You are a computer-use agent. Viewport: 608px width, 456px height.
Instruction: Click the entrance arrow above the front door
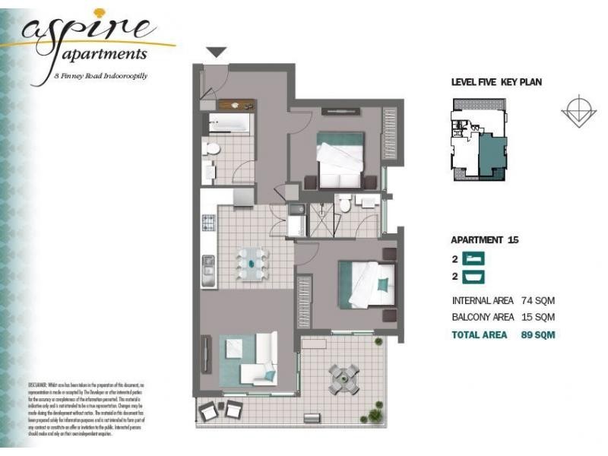pos(217,52)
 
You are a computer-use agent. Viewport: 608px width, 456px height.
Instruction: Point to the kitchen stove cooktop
pos(208,223)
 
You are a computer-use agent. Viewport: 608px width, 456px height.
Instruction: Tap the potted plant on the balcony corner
pos(375,415)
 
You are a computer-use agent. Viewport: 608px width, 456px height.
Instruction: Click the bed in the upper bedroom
pos(340,160)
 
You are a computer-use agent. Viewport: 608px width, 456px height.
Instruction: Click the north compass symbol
pos(578,111)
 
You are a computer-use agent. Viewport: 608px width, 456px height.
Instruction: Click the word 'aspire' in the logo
pos(85,31)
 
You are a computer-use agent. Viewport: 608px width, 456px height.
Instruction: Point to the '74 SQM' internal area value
pos(538,299)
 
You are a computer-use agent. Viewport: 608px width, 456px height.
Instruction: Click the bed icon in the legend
pos(474,258)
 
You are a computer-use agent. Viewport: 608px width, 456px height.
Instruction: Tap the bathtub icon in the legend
pos(474,277)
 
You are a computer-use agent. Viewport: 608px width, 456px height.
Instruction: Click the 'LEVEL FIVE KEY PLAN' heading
pos(496,82)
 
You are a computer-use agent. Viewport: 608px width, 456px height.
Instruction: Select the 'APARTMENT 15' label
pos(485,239)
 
